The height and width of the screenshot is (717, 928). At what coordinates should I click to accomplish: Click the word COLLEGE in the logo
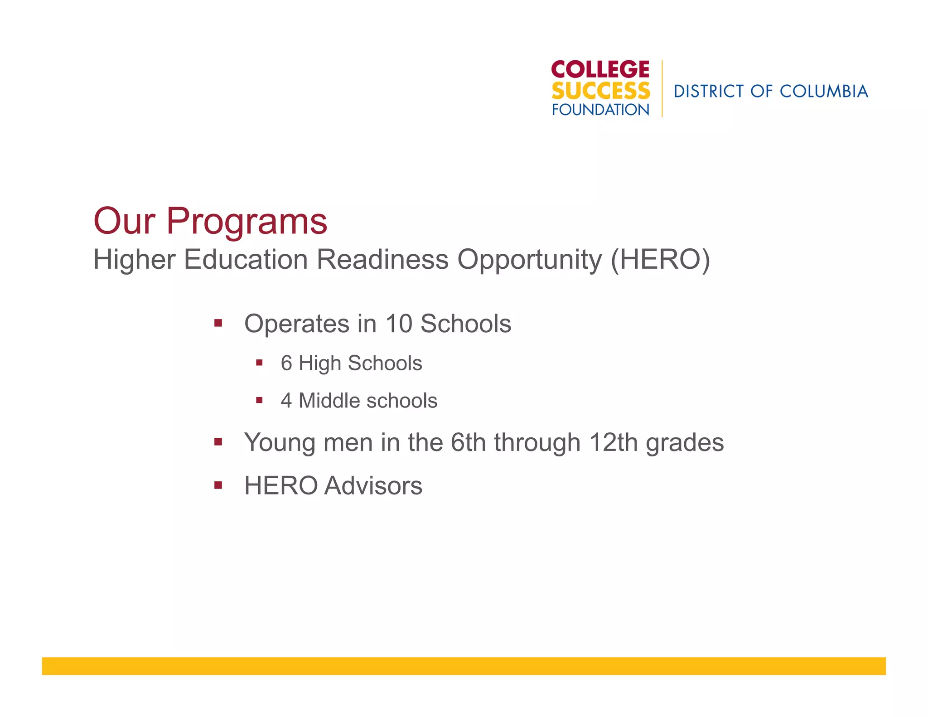click(x=600, y=69)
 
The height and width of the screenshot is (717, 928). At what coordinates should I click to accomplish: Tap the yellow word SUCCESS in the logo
click(x=600, y=91)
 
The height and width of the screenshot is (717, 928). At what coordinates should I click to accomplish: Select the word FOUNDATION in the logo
click(x=600, y=110)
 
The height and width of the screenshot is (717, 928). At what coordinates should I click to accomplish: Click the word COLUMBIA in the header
click(x=823, y=92)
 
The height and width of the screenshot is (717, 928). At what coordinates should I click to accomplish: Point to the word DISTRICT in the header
click(x=709, y=92)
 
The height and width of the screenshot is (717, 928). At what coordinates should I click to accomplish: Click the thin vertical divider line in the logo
click(x=662, y=88)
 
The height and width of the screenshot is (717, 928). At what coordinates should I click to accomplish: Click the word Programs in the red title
click(x=246, y=221)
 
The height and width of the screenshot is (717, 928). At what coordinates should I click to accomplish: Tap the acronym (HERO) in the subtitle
click(x=660, y=259)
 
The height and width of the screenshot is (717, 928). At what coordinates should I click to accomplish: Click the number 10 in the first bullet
click(x=398, y=324)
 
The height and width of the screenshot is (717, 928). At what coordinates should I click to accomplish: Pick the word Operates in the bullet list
click(x=297, y=324)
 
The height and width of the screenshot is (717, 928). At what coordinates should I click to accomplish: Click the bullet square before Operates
click(x=218, y=323)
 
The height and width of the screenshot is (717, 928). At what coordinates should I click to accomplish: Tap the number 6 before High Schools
click(x=286, y=363)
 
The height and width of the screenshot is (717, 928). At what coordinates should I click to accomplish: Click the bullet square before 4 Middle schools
click(x=259, y=400)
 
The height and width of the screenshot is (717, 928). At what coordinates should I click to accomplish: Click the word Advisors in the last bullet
click(x=373, y=485)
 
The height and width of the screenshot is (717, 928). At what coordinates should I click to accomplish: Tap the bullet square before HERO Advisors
click(x=218, y=485)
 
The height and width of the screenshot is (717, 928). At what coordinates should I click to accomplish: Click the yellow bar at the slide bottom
click(x=464, y=666)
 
